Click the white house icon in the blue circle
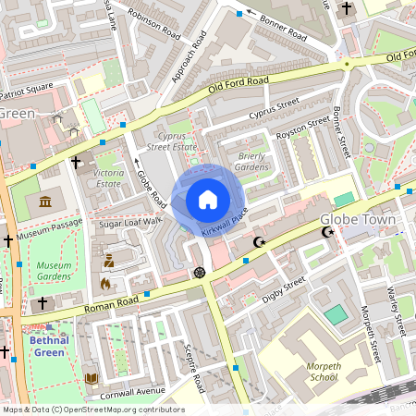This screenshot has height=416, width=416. (208, 199)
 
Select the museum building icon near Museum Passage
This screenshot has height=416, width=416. (45, 202)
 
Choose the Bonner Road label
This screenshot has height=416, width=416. (283, 27)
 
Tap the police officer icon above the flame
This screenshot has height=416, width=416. (109, 262)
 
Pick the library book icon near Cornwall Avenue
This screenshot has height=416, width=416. (91, 378)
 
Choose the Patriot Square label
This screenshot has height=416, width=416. (25, 93)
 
